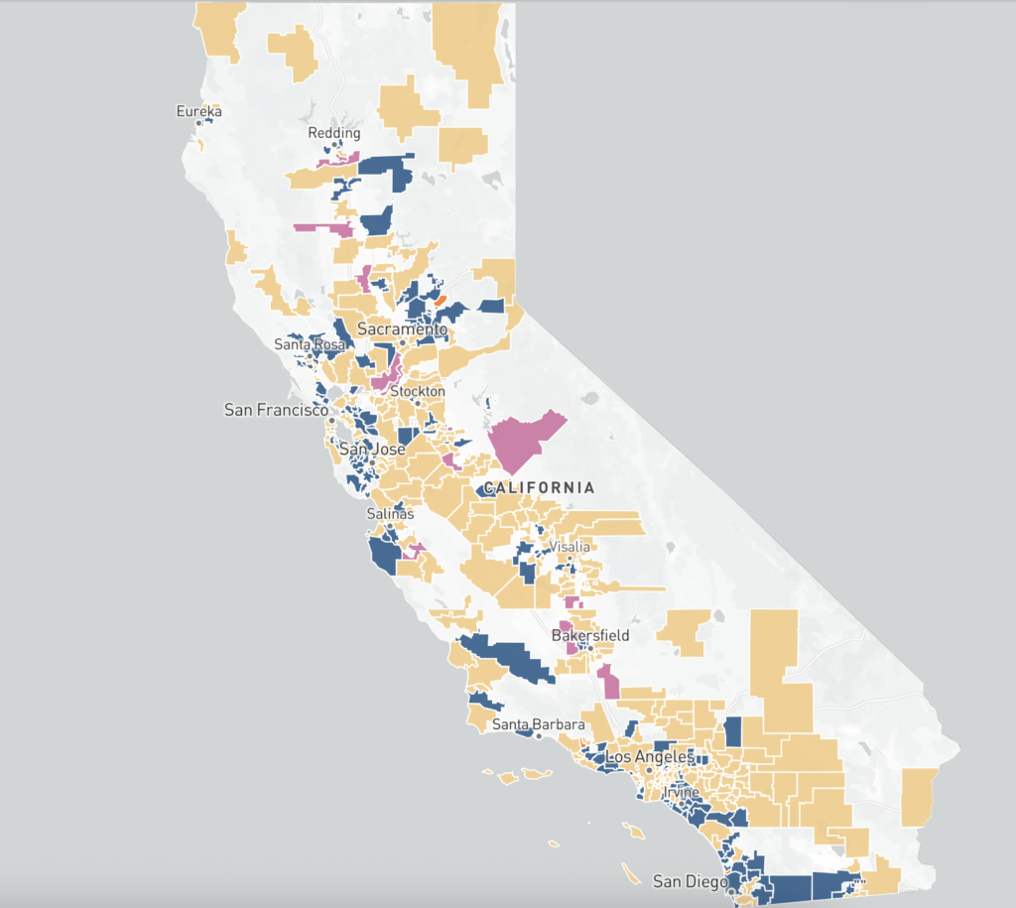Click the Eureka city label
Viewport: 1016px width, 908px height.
[198, 111]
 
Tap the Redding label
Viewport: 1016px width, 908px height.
[334, 133]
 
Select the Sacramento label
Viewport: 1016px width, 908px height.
[403, 328]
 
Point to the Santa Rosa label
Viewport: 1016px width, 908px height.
[310, 345]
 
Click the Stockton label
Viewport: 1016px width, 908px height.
[418, 391]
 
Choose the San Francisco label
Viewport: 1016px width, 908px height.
[276, 410]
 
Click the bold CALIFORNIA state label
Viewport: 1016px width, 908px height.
[538, 487]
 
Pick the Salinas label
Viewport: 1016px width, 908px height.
[388, 514]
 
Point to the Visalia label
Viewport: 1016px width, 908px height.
[571, 547]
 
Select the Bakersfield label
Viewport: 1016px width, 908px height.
[590, 635]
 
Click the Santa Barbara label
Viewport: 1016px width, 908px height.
[538, 724]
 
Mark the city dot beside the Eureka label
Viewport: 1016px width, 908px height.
[198, 123]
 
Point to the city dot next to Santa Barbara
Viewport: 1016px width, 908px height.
[539, 736]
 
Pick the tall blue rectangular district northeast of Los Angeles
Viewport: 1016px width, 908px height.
[733, 732]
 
